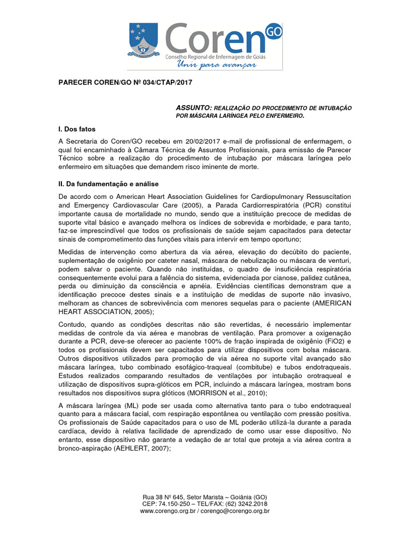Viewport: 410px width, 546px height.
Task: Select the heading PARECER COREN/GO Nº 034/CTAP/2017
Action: (x=125, y=83)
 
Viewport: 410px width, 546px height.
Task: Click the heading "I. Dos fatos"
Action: (x=77, y=129)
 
